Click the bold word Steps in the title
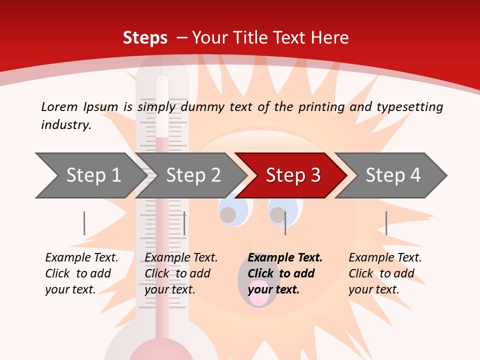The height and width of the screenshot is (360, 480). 145,38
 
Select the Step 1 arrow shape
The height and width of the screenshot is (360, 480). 90,175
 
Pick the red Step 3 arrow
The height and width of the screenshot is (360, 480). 292,175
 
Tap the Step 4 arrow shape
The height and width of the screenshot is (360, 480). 393,175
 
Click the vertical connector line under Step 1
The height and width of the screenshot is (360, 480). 84,223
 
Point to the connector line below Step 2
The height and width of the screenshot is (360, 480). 184,223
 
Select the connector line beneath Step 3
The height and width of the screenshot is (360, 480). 285,223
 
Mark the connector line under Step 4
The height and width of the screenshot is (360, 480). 386,223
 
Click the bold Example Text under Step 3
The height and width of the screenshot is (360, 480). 285,258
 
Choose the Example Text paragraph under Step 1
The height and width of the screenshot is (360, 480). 81,273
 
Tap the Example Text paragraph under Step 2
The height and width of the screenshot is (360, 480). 180,273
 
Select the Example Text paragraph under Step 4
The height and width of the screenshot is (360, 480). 384,273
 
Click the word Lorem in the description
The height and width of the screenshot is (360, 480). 59,107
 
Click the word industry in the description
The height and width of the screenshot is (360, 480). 65,125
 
